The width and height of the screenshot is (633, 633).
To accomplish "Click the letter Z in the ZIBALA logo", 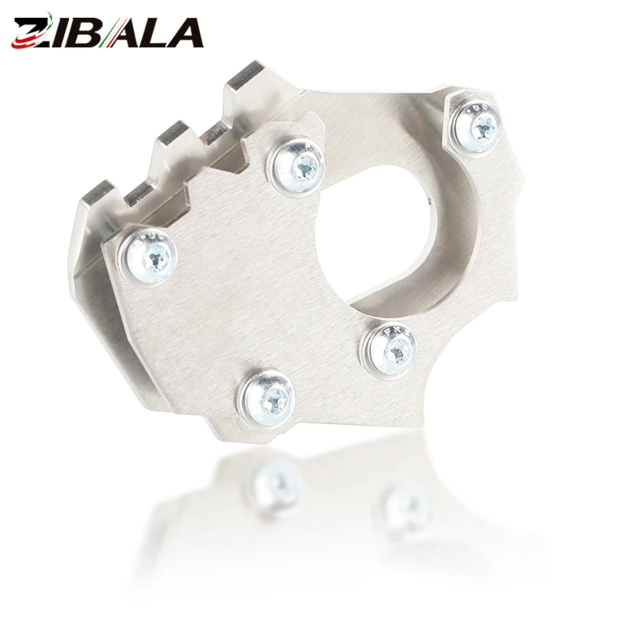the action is coord(33,33).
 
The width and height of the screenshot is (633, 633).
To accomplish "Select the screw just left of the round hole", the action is coord(299,165).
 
